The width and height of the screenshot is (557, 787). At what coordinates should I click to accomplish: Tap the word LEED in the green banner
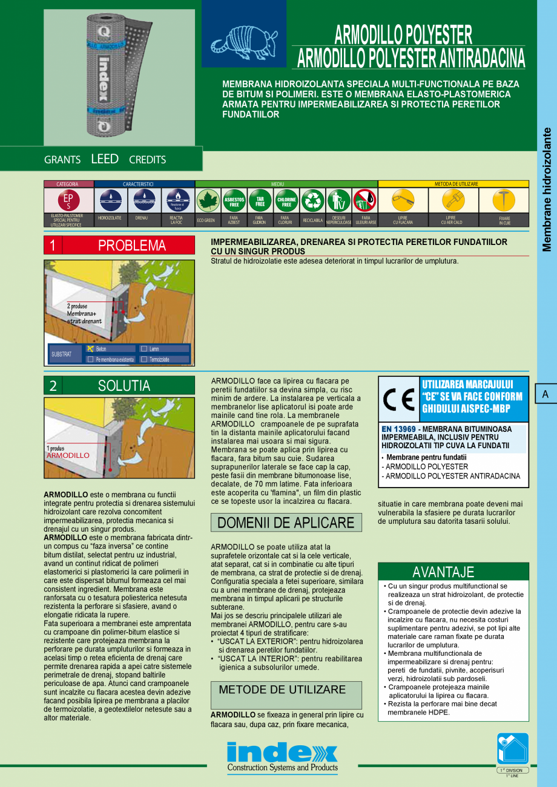point(105,159)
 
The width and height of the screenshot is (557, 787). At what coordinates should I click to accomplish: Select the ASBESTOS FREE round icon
point(234,200)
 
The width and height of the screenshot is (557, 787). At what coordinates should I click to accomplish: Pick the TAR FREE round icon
point(260,200)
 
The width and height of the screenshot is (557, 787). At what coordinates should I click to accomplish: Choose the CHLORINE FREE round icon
point(286,200)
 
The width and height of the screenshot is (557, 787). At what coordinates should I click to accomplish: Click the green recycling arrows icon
point(313,200)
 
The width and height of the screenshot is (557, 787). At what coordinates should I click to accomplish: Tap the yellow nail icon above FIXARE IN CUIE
point(504,199)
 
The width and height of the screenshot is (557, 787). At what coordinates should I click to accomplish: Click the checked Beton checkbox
point(90,349)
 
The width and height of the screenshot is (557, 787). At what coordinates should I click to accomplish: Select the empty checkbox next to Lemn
point(143,349)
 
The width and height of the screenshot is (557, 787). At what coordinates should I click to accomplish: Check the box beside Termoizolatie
point(143,359)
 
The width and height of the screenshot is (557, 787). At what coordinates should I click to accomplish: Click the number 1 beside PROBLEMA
point(53,246)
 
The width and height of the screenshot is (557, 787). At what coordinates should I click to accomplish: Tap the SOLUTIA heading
point(124,385)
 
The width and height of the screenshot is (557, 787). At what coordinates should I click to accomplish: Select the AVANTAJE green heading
point(443,572)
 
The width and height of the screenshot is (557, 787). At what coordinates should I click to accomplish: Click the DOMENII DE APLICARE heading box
point(286,523)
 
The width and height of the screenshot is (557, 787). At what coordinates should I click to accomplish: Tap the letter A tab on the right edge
point(545,394)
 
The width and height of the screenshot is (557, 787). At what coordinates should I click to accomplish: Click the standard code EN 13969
point(398,429)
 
